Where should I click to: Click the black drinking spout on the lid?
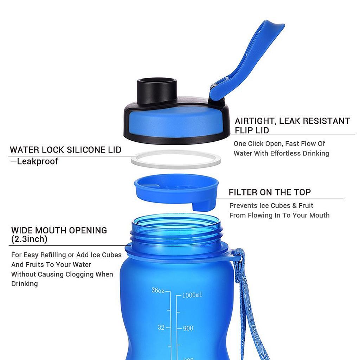click(157, 91)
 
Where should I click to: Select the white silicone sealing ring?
click(176, 159)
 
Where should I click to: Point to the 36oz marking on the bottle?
click(158, 291)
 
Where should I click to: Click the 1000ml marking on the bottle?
click(192, 295)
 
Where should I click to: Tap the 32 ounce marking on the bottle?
click(161, 327)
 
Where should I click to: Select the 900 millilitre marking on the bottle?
click(188, 328)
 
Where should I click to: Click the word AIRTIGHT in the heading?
click(255, 121)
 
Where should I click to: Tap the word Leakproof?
click(38, 161)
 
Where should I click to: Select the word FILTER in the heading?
click(243, 192)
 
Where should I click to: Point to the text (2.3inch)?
click(29, 239)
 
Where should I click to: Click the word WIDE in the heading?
click(23, 231)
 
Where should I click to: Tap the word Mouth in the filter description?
click(319, 215)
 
